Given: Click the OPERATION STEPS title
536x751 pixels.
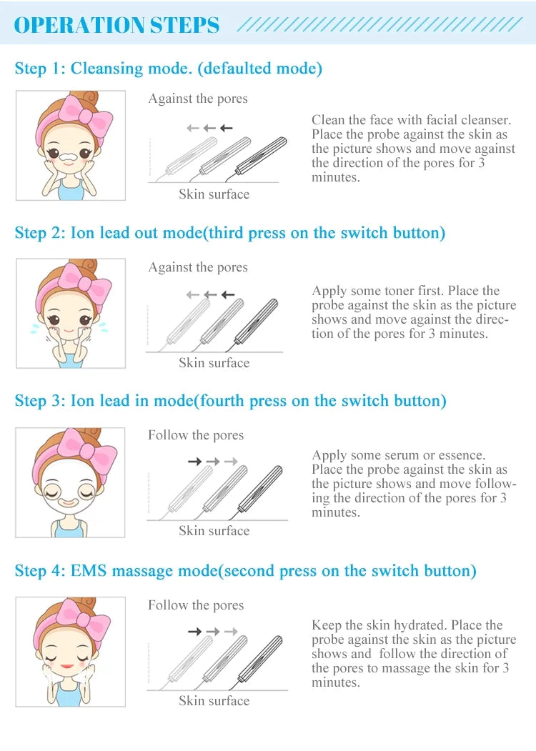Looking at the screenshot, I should point(117,25).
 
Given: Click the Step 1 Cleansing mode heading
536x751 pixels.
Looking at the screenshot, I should point(169,69).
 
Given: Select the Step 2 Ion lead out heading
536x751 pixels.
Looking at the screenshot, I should point(229,233).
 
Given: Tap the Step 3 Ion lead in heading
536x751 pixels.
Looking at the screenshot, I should point(230,400).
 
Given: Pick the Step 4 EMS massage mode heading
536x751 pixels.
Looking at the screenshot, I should point(245,570).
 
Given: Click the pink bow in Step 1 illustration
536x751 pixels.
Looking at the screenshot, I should point(88,119).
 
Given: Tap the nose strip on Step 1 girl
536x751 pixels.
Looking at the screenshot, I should point(70,155).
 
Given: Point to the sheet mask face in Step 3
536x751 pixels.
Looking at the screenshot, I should point(69,493).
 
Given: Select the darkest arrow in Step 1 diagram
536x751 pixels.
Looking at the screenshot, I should point(227,128).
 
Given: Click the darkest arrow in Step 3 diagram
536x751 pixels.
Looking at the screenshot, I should point(194,462).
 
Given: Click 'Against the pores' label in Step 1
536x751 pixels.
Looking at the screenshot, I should point(198,99).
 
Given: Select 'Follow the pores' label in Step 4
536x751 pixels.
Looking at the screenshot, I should point(196,605).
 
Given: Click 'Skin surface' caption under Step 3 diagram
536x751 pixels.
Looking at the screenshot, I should point(214,530).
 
